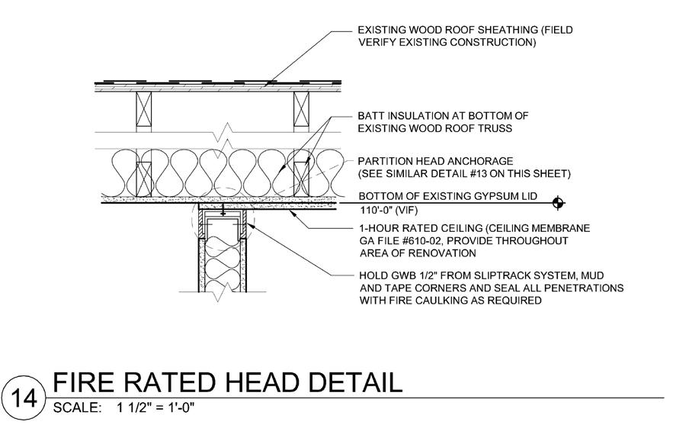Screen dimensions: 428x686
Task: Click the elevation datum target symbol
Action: tap(559, 202)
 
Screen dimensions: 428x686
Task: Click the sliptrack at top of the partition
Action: tap(222, 217)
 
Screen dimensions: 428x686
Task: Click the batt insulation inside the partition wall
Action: tap(222, 263)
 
